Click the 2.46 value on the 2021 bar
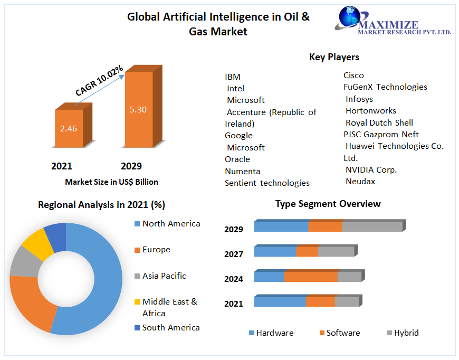(x=69, y=128)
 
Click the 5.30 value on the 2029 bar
(x=138, y=110)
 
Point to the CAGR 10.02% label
(x=99, y=81)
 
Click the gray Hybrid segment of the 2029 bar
(x=372, y=227)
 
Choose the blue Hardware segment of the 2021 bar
(x=280, y=302)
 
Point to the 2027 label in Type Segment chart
(x=233, y=254)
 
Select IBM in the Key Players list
(x=233, y=77)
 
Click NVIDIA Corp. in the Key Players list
(x=371, y=170)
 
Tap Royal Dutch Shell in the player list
(x=379, y=122)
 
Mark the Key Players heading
(x=334, y=57)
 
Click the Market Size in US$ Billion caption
(x=111, y=182)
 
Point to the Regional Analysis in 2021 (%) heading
(x=101, y=205)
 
